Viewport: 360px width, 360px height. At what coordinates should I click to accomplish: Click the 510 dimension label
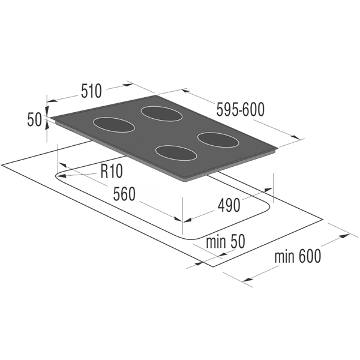pos(91,91)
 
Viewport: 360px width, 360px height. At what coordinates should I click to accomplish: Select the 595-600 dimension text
pos(241,109)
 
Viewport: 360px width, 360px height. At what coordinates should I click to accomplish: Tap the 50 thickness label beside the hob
pos(34,119)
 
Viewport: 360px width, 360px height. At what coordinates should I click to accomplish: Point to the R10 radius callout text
pos(112,171)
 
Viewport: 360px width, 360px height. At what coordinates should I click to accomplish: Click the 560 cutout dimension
pos(124,194)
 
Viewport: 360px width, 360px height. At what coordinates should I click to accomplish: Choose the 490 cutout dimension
pos(229,205)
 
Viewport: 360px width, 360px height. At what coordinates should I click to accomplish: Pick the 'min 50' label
pos(226,241)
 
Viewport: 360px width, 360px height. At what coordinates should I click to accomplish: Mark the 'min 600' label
pos(298,256)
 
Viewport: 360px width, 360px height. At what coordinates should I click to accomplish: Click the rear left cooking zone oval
pos(114,125)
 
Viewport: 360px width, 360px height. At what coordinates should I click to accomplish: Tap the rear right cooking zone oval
pos(161,114)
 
